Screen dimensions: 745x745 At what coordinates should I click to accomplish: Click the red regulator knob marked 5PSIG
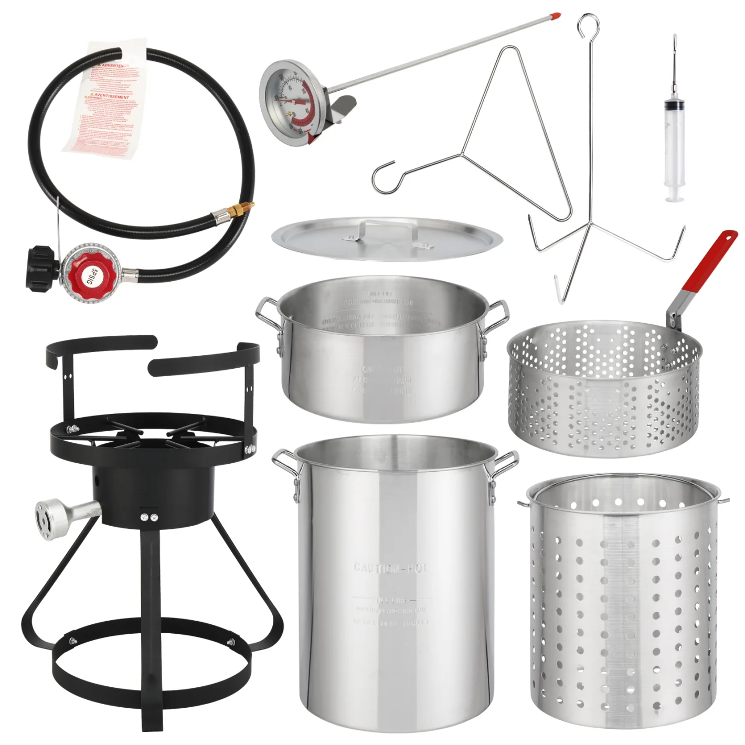click(x=89, y=272)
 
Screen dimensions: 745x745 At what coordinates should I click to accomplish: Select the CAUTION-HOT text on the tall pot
click(x=390, y=568)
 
